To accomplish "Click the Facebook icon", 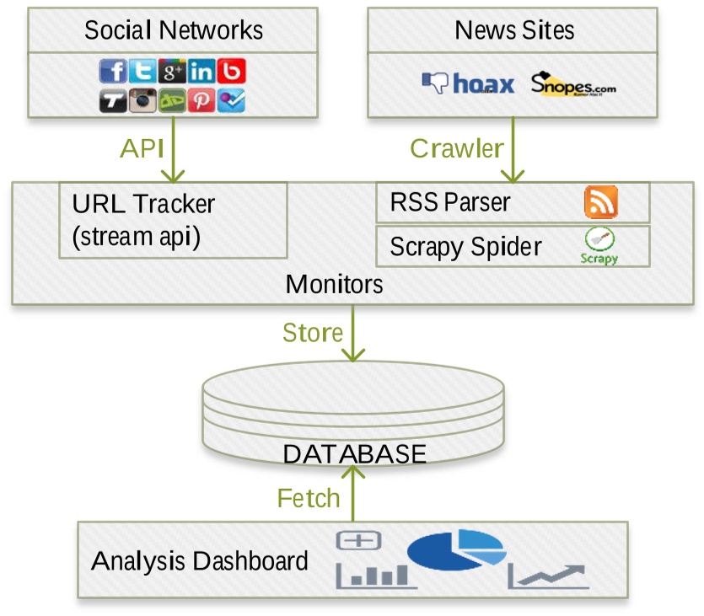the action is point(113,71).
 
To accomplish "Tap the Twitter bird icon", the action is point(142,71).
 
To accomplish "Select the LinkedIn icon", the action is point(202,71).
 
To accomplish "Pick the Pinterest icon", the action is point(202,100).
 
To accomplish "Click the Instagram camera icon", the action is point(142,100).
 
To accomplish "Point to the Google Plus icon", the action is point(172,71).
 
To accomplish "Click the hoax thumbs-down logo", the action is point(468,83).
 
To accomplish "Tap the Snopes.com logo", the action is point(573,84).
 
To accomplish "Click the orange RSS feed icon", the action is point(601,202).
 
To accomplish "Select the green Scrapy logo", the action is point(599,246).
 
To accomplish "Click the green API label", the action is point(142,148).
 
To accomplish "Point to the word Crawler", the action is point(457,148).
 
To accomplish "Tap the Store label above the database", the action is point(313,333).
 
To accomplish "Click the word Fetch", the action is point(309,498).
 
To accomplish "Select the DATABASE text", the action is point(355,453).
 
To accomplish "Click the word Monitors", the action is point(335,284).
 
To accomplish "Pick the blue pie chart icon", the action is point(457,550).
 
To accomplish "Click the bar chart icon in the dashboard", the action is point(377,576).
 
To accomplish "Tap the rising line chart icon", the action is point(548,576).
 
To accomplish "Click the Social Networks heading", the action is point(174,30).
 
